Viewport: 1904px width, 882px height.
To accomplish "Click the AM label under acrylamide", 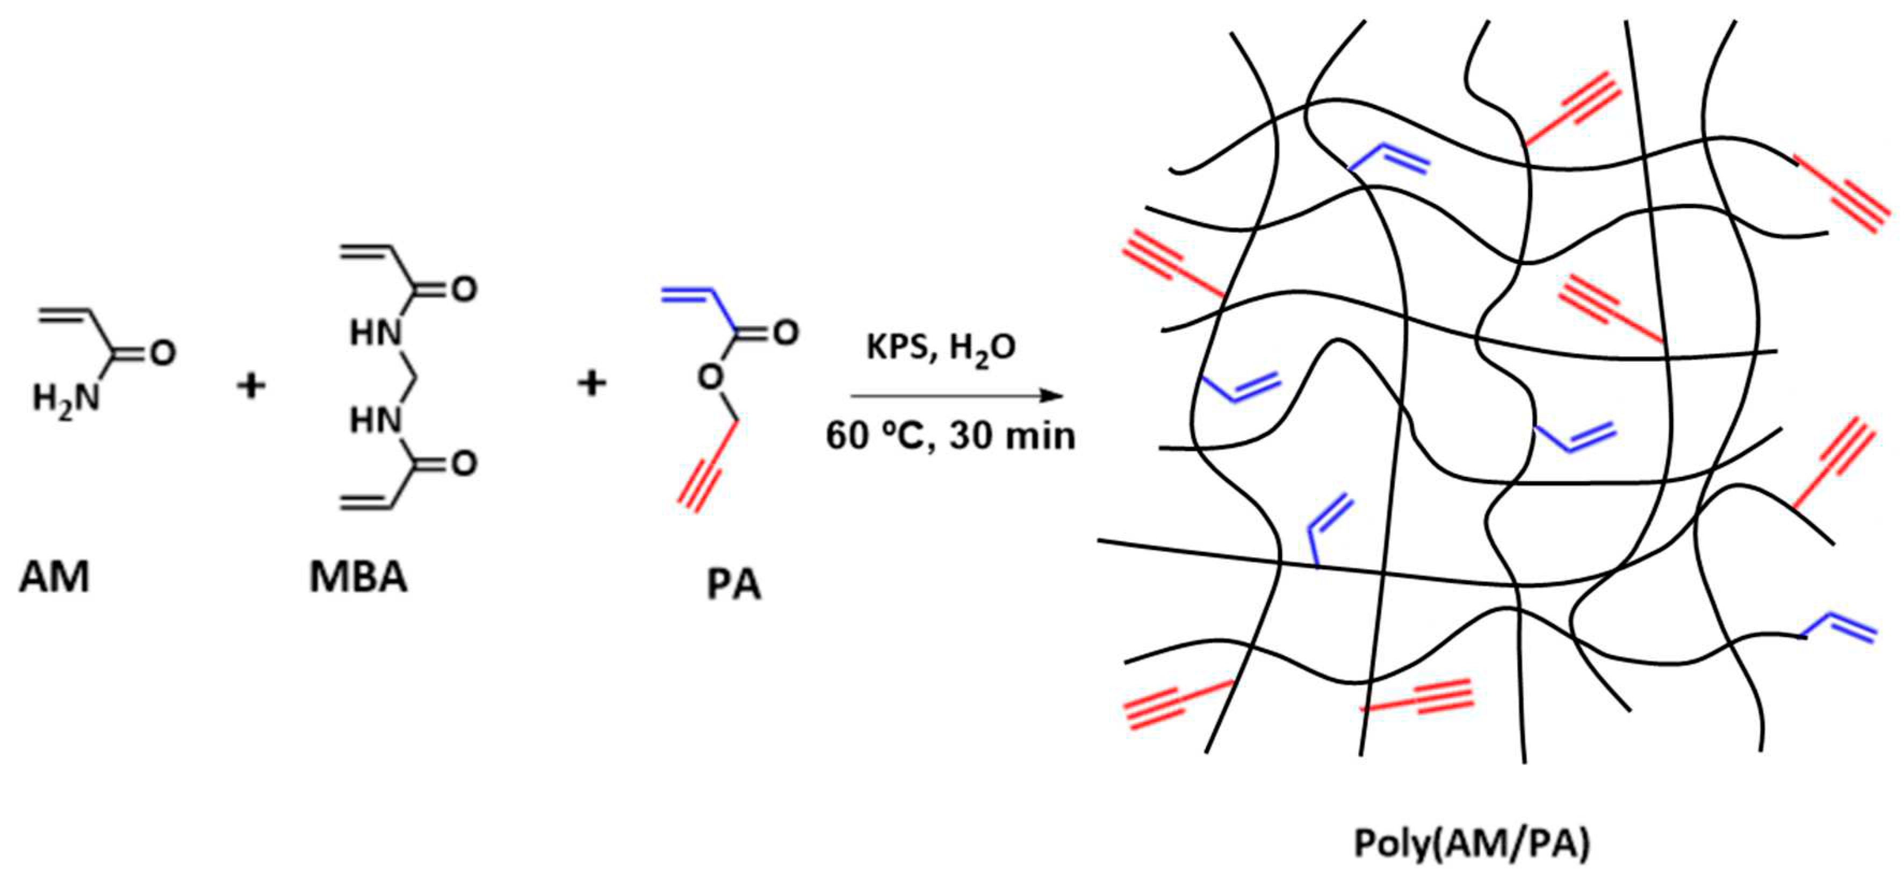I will (x=54, y=577).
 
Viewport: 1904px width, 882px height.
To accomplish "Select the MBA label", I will (x=358, y=577).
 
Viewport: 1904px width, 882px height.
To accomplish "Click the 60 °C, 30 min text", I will (x=950, y=436).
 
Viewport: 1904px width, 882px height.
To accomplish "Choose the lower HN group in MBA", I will (x=376, y=421).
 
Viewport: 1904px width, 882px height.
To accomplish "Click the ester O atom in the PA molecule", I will (x=710, y=378).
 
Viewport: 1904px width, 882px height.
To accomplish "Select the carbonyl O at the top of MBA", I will (x=464, y=289).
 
